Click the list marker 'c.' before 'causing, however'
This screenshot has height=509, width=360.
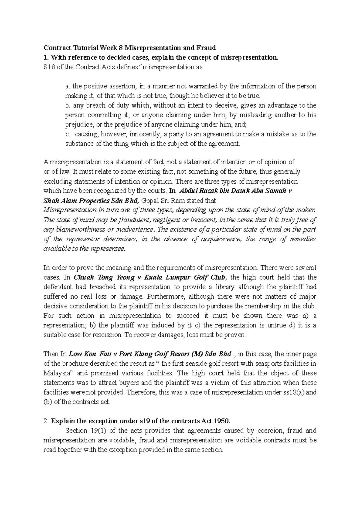[67, 134]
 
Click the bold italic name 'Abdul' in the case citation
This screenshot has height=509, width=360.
[189, 191]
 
